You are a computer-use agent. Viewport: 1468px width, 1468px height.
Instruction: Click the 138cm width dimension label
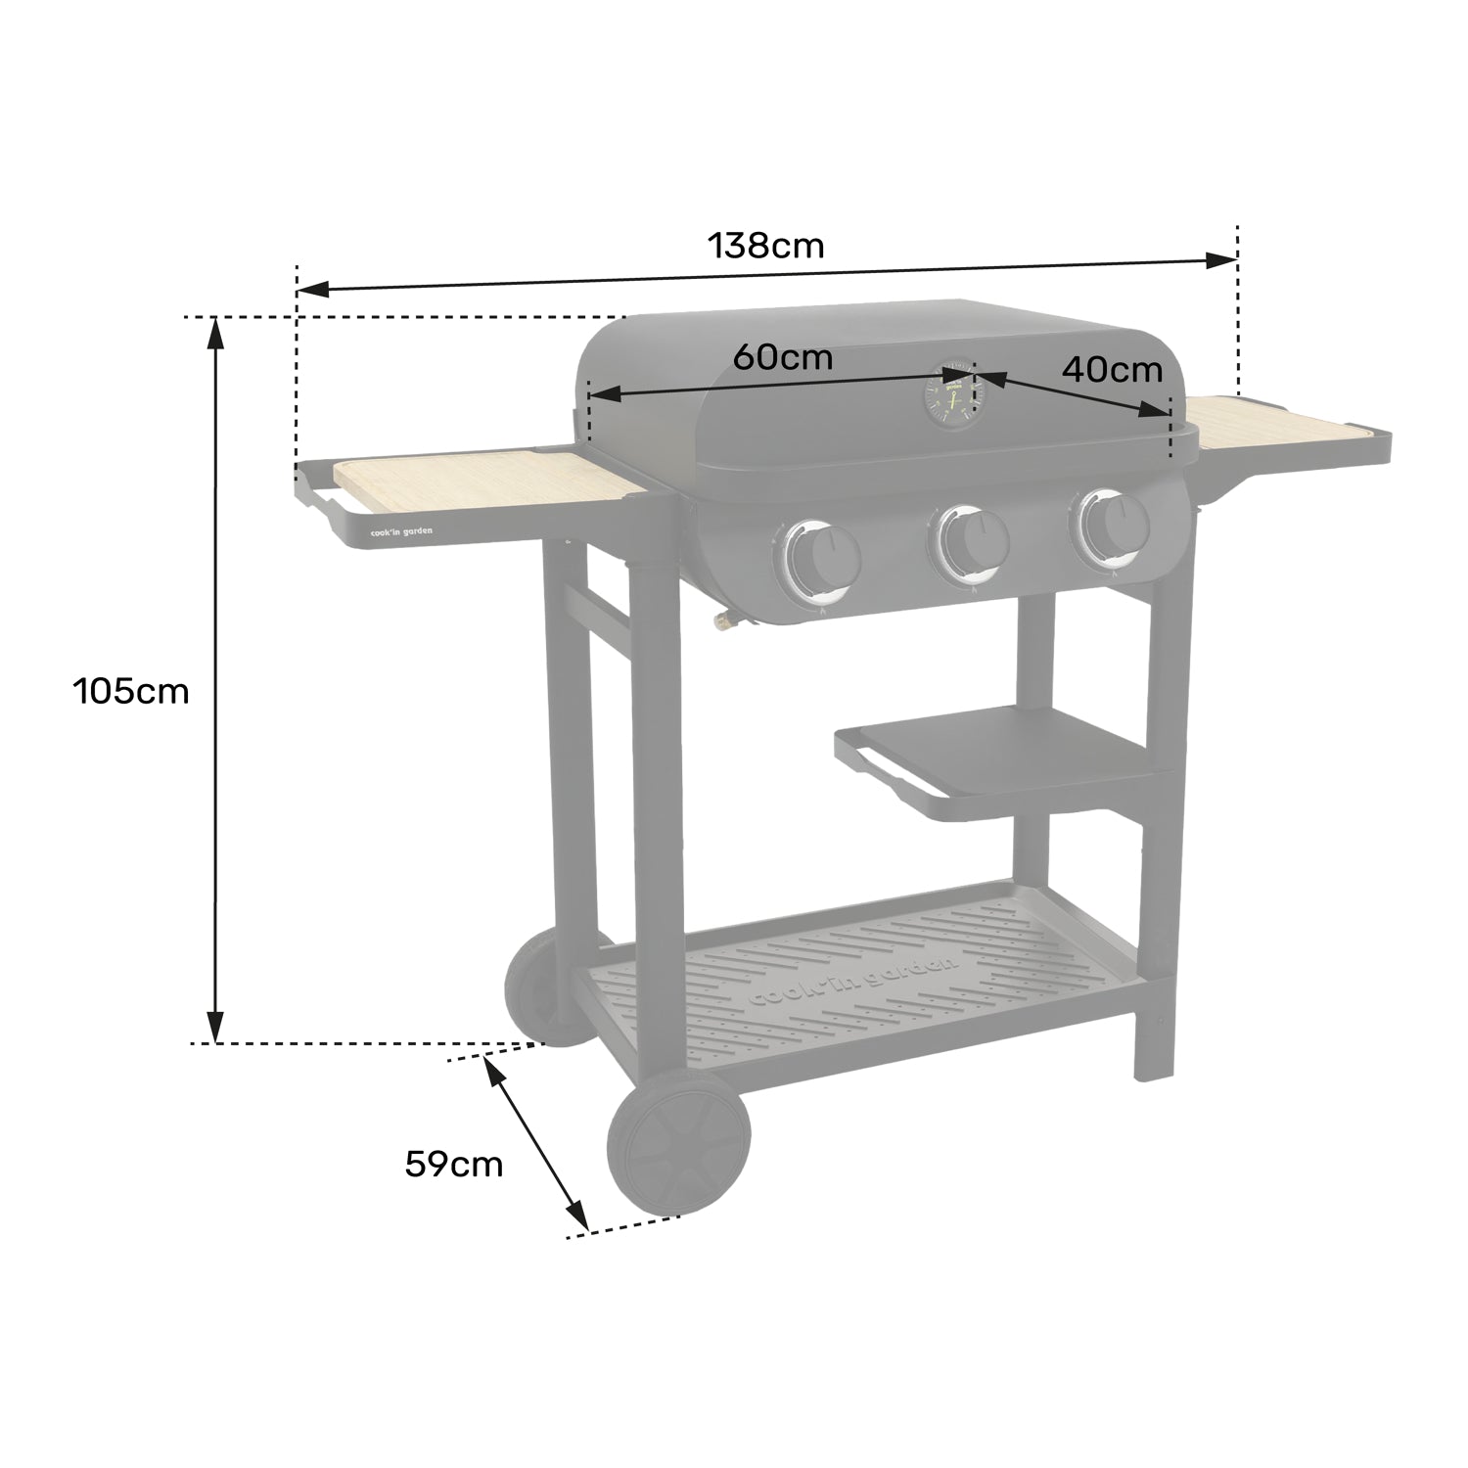point(766,245)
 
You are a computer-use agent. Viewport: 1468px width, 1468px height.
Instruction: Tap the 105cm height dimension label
point(130,691)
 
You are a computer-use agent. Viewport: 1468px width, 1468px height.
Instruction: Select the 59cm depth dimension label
point(454,1164)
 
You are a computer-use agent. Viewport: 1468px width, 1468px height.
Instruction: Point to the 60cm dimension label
point(783,357)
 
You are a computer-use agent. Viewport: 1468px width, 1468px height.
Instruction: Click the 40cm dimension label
point(1112,369)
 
